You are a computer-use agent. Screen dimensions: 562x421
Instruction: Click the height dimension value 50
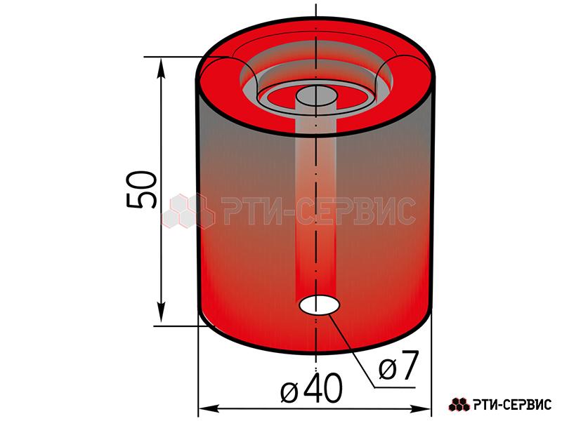point(142,189)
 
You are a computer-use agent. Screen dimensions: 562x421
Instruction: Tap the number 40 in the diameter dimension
point(322,389)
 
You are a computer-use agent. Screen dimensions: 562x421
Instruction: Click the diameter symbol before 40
point(289,393)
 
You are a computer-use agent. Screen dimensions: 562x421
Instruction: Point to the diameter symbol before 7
point(388,370)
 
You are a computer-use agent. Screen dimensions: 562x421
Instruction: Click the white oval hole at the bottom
point(320,305)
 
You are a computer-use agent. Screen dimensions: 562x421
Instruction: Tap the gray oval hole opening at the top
point(316,95)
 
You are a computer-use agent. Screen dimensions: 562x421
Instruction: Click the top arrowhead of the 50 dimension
point(162,68)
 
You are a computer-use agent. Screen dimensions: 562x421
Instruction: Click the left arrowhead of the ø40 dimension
point(209,408)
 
